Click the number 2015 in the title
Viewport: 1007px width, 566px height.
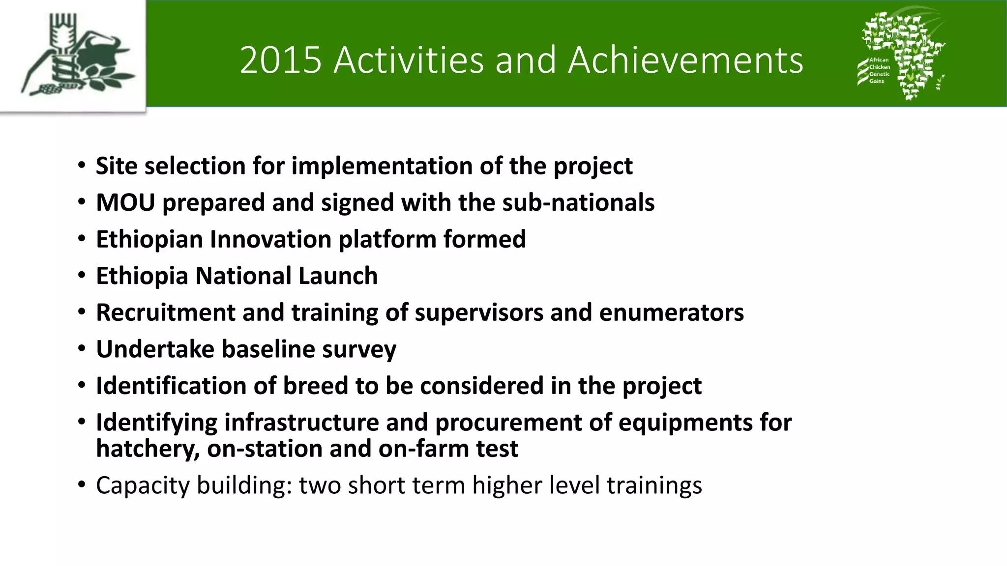point(280,60)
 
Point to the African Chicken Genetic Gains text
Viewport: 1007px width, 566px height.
point(879,70)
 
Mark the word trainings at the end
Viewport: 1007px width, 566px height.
point(654,485)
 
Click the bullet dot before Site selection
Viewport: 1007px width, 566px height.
point(82,166)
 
